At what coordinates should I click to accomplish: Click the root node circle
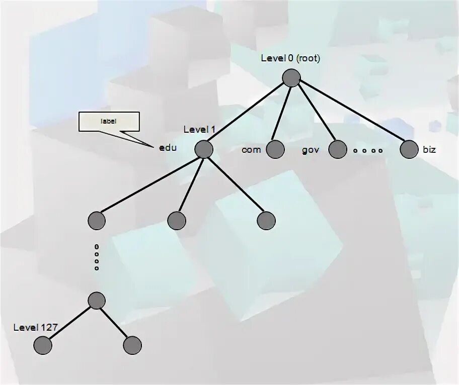pos(291,78)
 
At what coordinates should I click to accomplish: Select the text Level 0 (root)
pos(290,58)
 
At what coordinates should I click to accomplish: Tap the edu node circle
pos(204,149)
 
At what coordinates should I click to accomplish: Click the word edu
pos(168,148)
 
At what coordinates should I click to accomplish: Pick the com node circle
pos(275,149)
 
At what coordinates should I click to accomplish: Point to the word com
pos(251,150)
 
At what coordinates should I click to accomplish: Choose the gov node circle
pos(338,149)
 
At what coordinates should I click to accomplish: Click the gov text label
pos(311,150)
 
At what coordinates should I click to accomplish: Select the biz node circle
pos(409,149)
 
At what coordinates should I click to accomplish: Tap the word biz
pos(429,149)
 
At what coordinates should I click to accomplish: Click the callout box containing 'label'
pos(109,122)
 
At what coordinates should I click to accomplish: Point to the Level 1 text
pos(199,130)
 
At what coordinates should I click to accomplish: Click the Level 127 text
pos(35,328)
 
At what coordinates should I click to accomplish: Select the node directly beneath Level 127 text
pos(43,345)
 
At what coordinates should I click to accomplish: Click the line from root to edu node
pos(247,114)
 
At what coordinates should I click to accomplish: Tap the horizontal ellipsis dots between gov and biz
pos(367,150)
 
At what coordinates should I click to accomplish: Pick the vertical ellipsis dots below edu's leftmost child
pos(97,257)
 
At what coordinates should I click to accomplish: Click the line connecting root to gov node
pos(315,114)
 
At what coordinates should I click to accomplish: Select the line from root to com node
pos(283,114)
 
